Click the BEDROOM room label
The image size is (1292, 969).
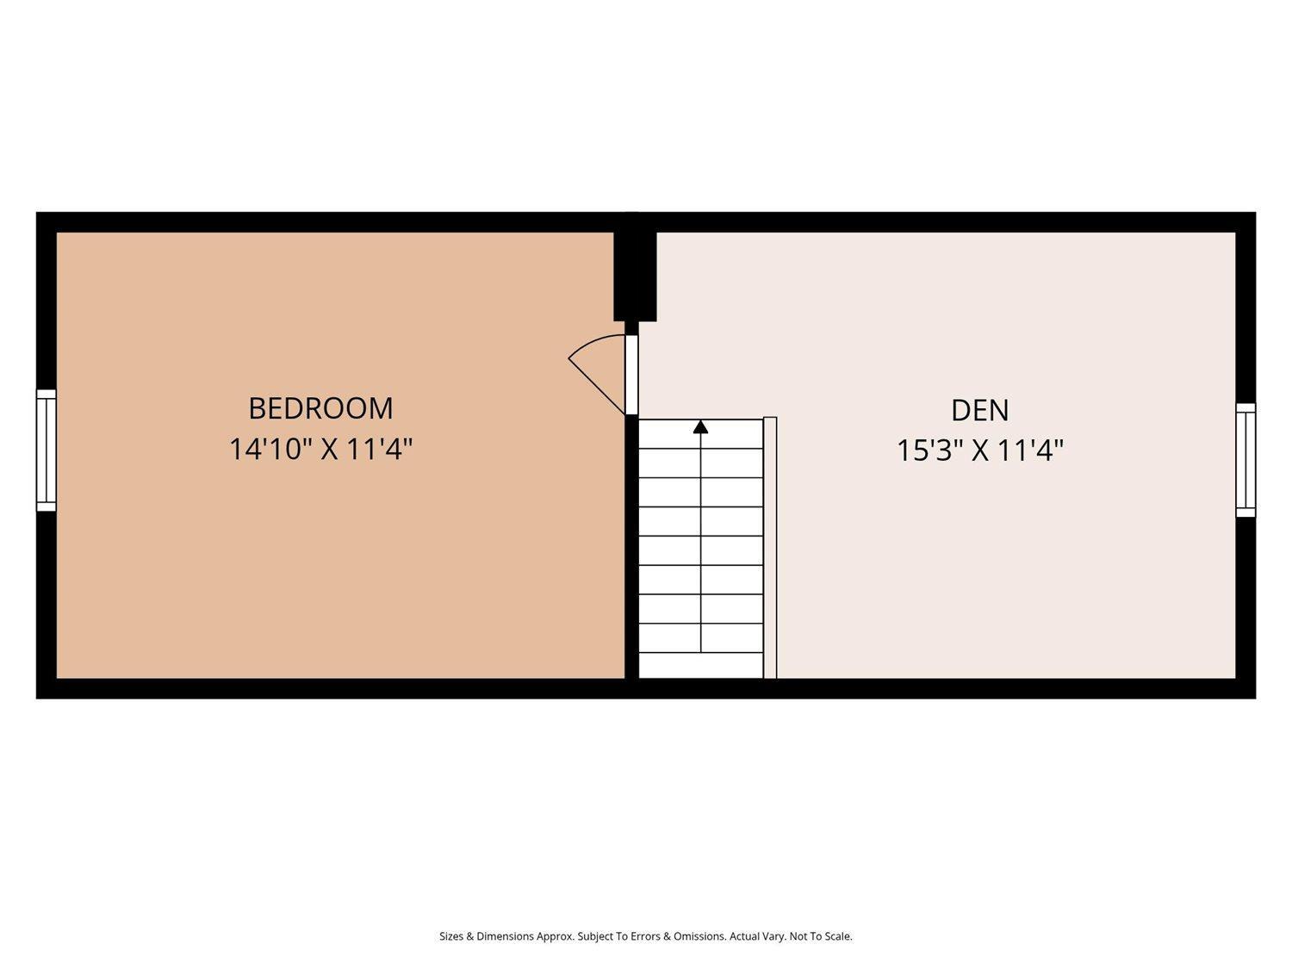tap(320, 408)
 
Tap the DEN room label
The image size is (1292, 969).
tap(980, 410)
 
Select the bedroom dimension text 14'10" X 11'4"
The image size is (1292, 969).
tap(320, 450)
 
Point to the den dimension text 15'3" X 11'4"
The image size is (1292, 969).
tap(980, 451)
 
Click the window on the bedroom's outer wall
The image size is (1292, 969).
tap(47, 450)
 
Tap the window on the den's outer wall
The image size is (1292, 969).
tap(1245, 460)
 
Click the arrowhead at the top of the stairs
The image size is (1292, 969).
tap(700, 426)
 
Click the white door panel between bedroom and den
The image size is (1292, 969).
tap(631, 375)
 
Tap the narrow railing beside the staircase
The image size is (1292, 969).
tap(770, 548)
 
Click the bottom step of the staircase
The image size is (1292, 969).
tap(701, 666)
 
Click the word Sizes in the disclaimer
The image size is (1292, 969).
tap(451, 936)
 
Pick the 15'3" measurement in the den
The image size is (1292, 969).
tap(929, 451)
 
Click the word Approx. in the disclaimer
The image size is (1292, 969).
tap(555, 936)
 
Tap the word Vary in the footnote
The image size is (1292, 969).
tap(767, 936)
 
